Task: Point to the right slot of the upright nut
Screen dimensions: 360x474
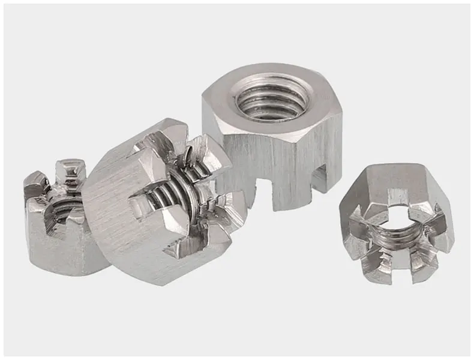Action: click(320, 178)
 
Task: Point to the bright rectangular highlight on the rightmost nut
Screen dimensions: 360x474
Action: click(397, 196)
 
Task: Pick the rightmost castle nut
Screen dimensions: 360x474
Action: click(396, 222)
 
